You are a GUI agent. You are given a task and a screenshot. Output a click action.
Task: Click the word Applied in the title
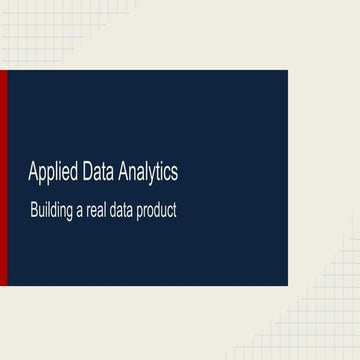(52, 173)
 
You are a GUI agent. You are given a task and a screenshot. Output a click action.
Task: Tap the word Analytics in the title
(148, 173)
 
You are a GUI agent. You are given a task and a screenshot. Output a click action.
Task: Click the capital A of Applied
(32, 173)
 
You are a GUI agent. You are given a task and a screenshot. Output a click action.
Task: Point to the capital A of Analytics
(122, 173)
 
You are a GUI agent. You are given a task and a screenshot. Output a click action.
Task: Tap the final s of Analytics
(175, 174)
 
